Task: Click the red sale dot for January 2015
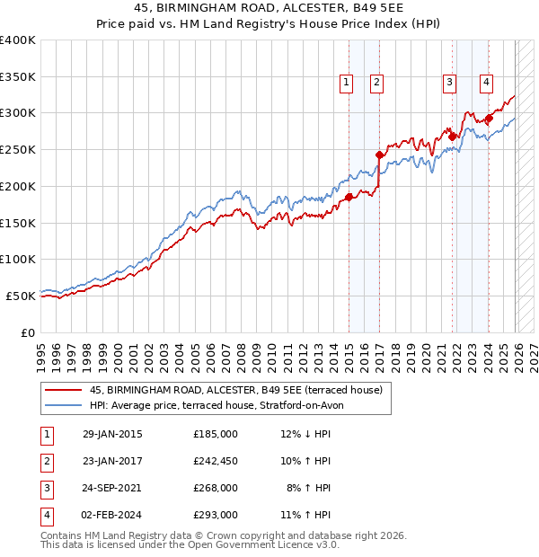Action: coord(349,197)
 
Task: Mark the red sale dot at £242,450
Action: coord(379,155)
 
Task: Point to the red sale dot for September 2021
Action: coord(452,137)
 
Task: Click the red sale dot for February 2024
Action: coord(489,118)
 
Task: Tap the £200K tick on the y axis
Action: coord(18,186)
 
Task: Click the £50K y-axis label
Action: coord(21,296)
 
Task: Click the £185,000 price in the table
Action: coord(216,434)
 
